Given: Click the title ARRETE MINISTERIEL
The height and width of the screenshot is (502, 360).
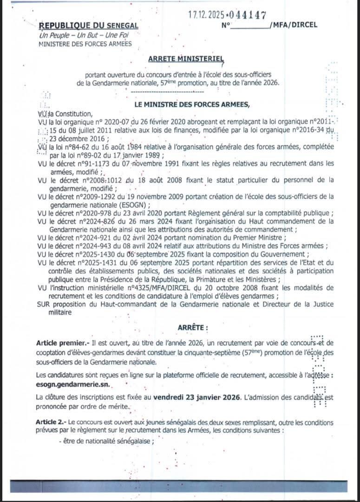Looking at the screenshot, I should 186,59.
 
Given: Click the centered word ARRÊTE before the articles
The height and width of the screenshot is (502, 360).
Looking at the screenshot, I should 190,328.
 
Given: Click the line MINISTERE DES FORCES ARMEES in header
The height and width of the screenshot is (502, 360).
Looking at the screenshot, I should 85,44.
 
